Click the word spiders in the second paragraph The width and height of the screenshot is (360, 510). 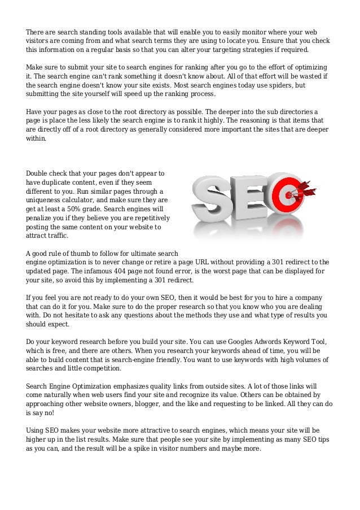click(x=280, y=85)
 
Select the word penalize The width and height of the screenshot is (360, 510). click(x=41, y=218)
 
